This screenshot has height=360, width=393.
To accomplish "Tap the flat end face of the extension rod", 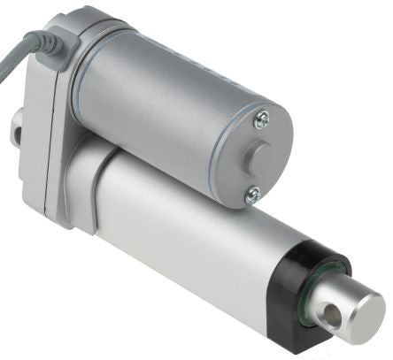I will pos(363,314).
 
